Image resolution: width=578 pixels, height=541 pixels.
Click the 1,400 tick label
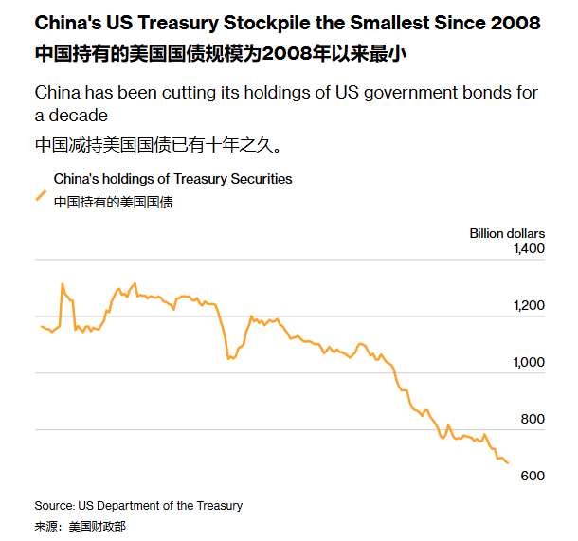[x=530, y=249]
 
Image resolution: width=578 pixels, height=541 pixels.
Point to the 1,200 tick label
[x=530, y=306]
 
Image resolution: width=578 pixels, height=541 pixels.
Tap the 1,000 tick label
[x=530, y=363]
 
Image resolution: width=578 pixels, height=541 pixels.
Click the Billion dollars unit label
[x=507, y=233]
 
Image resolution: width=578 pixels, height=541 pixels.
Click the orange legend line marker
[x=41, y=195]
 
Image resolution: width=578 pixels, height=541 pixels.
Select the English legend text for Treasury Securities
[x=172, y=179]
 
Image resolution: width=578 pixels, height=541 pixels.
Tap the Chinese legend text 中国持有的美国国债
[x=113, y=202]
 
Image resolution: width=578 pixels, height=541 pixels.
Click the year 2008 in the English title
[x=513, y=21]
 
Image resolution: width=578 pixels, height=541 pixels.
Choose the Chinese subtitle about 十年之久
[x=157, y=146]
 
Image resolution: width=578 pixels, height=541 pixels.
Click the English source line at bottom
[x=138, y=506]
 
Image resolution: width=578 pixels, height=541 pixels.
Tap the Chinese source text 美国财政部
[x=97, y=526]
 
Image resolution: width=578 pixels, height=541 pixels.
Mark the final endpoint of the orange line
[x=508, y=462]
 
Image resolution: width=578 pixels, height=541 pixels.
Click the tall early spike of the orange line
[x=63, y=283]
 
